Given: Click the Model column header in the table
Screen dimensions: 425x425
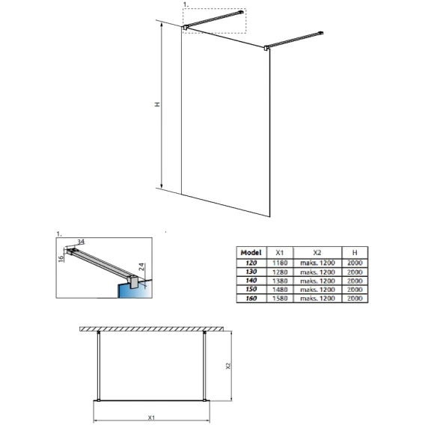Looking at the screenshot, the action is (x=251, y=253).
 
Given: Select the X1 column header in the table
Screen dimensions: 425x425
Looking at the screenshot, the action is (x=280, y=253).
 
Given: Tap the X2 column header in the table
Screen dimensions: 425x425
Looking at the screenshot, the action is (x=317, y=253).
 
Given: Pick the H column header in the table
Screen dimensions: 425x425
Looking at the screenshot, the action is (x=355, y=253).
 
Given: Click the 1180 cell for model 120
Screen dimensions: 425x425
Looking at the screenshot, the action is (x=280, y=263).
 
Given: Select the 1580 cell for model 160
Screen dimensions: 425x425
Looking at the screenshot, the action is (x=280, y=299).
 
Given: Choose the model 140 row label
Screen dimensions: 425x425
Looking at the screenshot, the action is (x=251, y=281).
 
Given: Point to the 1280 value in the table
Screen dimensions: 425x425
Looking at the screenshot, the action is (x=280, y=272).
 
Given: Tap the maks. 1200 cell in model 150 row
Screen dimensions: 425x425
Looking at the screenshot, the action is (x=317, y=290).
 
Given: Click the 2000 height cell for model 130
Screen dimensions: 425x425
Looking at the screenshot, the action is (x=355, y=272).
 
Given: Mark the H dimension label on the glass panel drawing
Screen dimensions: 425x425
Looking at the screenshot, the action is (x=157, y=104).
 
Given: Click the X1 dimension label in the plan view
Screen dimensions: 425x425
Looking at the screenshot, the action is (x=151, y=418).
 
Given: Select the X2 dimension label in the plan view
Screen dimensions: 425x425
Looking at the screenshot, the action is (x=228, y=366).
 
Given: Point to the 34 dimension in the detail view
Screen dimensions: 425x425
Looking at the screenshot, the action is (x=81, y=241).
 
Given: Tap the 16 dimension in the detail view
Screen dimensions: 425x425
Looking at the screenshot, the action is (x=61, y=258).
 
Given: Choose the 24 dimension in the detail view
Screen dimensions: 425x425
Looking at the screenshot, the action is (x=141, y=267).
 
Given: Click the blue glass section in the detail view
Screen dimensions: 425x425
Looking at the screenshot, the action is (x=135, y=290).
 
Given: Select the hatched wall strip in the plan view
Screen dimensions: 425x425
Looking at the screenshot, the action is (x=151, y=329).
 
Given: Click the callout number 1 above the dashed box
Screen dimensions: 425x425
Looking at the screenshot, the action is (x=186, y=4).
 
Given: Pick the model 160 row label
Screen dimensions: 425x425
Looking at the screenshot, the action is (x=251, y=299).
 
